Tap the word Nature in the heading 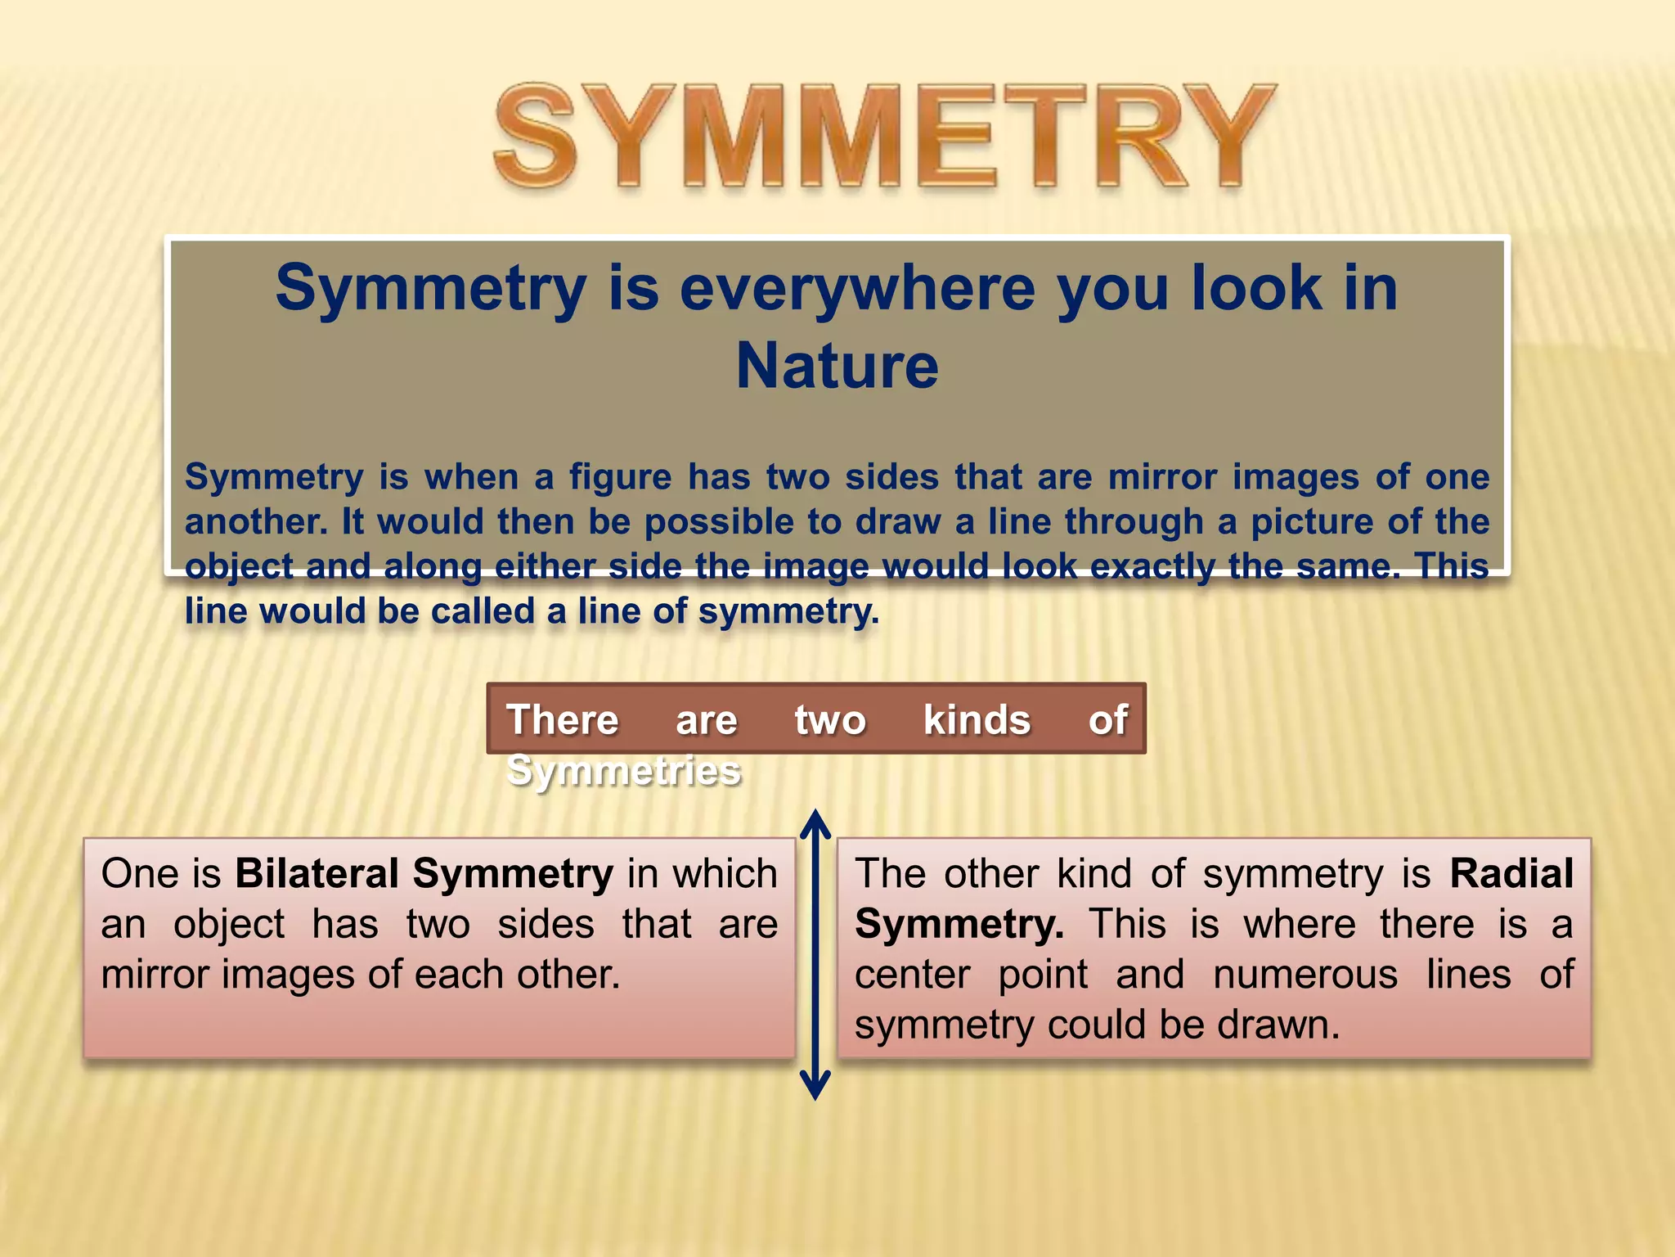pyautogui.click(x=837, y=366)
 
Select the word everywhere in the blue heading pyautogui.click(x=857, y=288)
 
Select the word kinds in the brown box pyautogui.click(x=977, y=720)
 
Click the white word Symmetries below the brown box pyautogui.click(x=623, y=771)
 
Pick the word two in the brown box pyautogui.click(x=829, y=720)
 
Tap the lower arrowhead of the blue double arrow pyautogui.click(x=815, y=1087)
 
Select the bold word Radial pyautogui.click(x=1511, y=873)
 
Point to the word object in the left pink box pyautogui.click(x=229, y=925)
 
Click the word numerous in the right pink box pyautogui.click(x=1305, y=975)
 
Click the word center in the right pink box pyautogui.click(x=912, y=975)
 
